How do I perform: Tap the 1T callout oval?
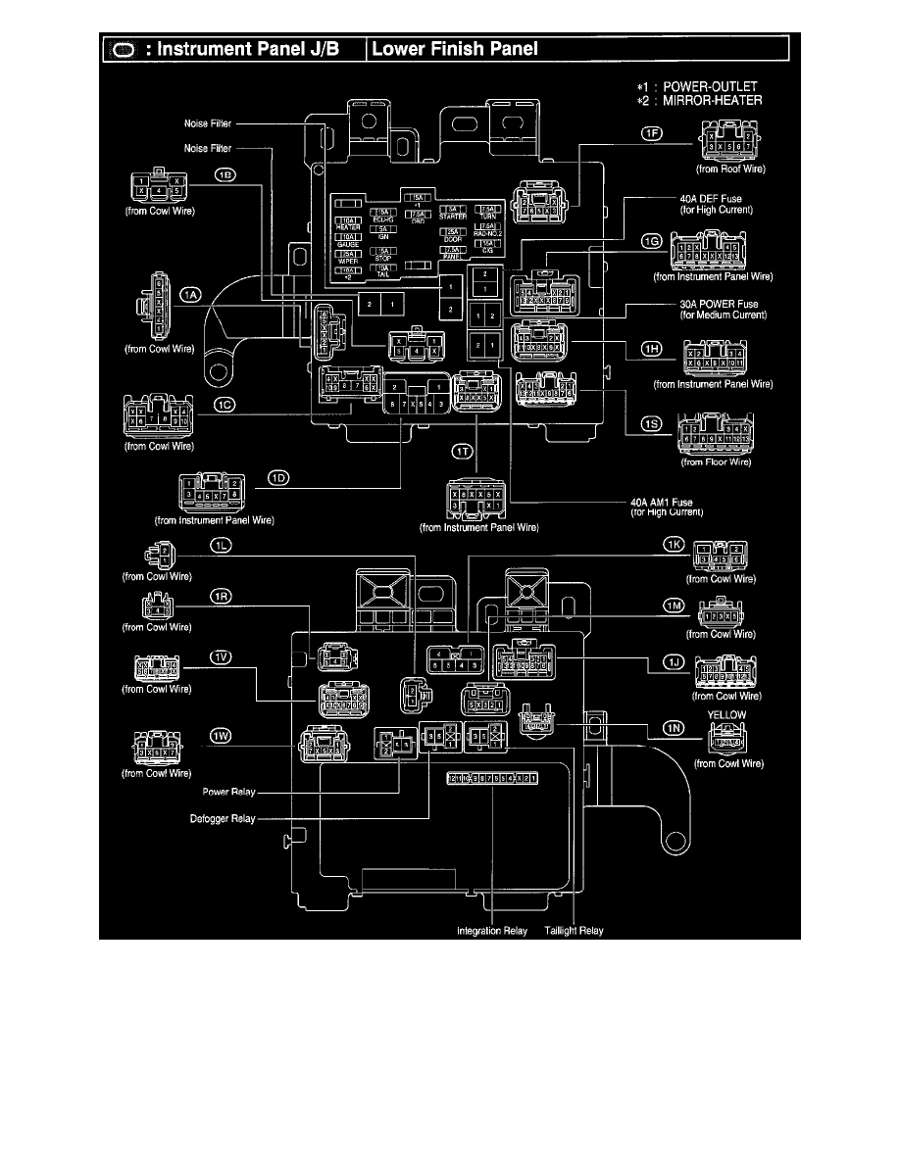464,451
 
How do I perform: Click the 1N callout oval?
673,727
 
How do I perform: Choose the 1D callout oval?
281,478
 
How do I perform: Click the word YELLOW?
727,715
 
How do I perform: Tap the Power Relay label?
230,791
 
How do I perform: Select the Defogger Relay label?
224,819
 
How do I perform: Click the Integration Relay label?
493,931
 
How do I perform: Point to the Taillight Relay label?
575,931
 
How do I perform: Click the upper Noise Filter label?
208,124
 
